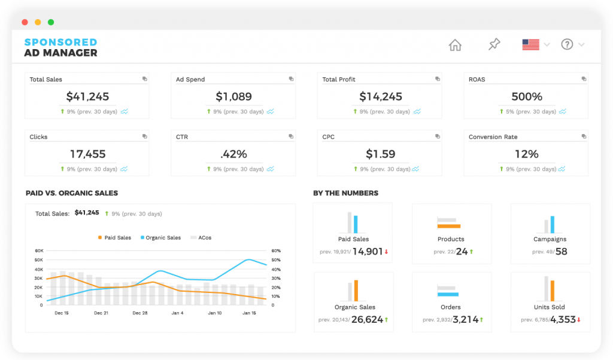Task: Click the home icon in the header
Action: [x=455, y=45]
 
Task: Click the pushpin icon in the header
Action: [x=494, y=45]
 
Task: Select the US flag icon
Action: [x=530, y=45]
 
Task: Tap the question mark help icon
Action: [x=567, y=45]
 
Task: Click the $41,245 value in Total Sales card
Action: [x=87, y=96]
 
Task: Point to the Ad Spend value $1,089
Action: [x=233, y=96]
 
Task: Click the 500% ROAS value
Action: [x=527, y=96]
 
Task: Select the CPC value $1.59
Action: [x=380, y=154]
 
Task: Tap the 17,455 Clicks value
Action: [x=87, y=154]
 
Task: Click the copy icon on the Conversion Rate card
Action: [x=584, y=137]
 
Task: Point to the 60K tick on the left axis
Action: [x=39, y=251]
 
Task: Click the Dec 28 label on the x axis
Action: [x=140, y=313]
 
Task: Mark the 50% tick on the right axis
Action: [x=276, y=260]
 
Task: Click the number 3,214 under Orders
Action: [x=465, y=319]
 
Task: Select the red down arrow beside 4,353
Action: [x=579, y=320]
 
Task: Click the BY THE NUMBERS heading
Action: [x=345, y=193]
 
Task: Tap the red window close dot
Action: [x=25, y=22]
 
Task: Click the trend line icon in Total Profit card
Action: [x=417, y=111]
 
